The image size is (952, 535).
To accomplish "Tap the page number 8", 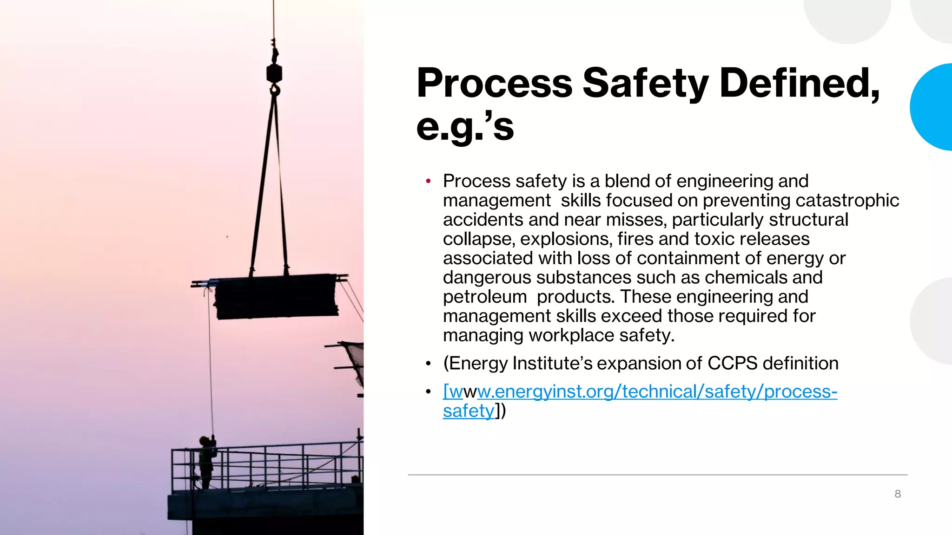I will tap(898, 494).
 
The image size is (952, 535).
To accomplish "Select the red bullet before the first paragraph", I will tap(428, 181).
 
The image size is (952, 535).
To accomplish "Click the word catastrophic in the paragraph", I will tap(847, 201).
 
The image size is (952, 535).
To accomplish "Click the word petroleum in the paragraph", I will tap(485, 297).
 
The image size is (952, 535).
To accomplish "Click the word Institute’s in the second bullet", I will tap(552, 363).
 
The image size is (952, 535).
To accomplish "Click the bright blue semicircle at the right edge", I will tap(932, 107).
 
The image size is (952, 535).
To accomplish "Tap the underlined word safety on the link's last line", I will tap(468, 411).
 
